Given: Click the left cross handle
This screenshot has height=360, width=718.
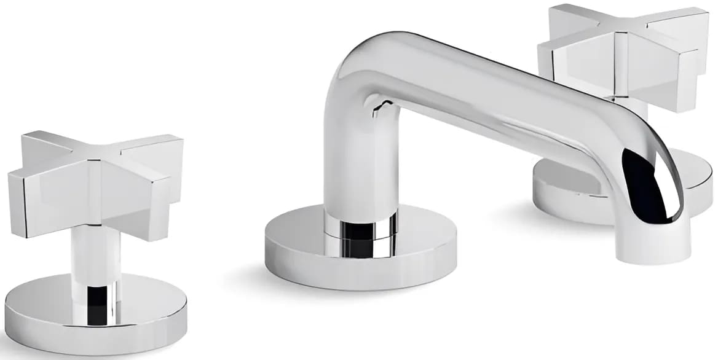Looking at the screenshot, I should [x=96, y=182].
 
